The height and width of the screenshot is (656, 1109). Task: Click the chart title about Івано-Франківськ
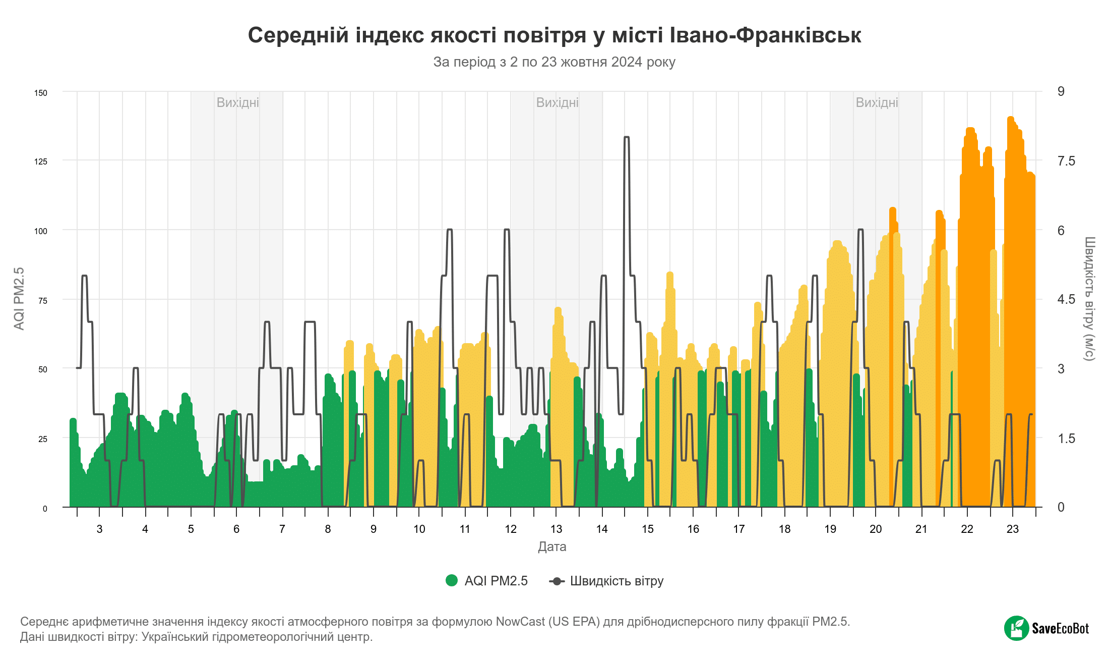pyautogui.click(x=555, y=35)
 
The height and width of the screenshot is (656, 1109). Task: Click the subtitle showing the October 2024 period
pyautogui.click(x=555, y=62)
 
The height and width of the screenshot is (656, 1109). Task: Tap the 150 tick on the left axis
pyautogui.click(x=41, y=93)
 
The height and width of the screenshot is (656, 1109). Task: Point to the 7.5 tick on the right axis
pyautogui.click(x=1066, y=161)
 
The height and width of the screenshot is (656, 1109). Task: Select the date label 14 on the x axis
pyautogui.click(x=602, y=529)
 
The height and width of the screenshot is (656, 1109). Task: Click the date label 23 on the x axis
pyautogui.click(x=1013, y=529)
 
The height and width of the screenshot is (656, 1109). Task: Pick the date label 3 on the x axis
pyautogui.click(x=100, y=529)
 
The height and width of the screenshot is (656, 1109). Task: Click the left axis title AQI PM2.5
pyautogui.click(x=19, y=299)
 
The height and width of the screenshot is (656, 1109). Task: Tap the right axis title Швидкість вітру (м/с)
pyautogui.click(x=1089, y=299)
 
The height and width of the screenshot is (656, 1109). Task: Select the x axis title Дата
pyautogui.click(x=552, y=546)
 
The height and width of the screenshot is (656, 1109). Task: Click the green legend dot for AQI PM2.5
pyautogui.click(x=452, y=581)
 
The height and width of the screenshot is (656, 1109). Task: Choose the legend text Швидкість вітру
pyautogui.click(x=617, y=581)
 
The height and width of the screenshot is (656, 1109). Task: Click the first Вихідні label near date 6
pyautogui.click(x=238, y=102)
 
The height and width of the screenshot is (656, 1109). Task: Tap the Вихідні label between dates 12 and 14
pyautogui.click(x=558, y=102)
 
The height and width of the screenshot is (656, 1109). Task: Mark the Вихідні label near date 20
pyautogui.click(x=877, y=102)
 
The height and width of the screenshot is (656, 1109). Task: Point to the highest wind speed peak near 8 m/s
pyautogui.click(x=627, y=137)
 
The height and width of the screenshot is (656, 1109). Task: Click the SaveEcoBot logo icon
pyautogui.click(x=1017, y=628)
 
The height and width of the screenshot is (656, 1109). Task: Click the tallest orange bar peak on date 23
pyautogui.click(x=1011, y=119)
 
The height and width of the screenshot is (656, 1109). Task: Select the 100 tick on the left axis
pyautogui.click(x=41, y=231)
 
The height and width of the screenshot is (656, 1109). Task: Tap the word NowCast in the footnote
pyautogui.click(x=520, y=622)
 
